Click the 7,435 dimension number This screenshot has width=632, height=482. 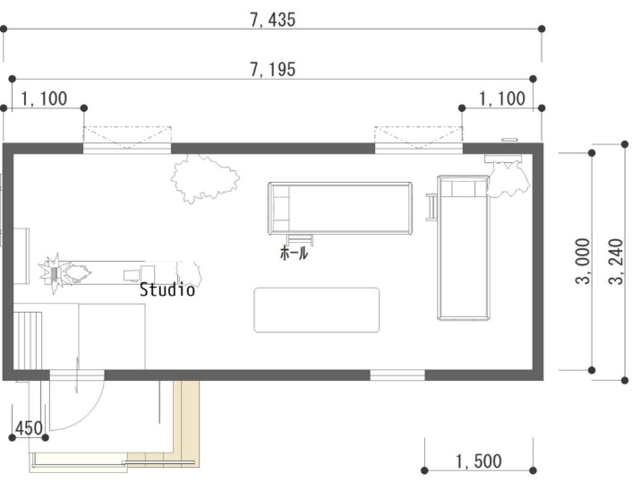[273, 20]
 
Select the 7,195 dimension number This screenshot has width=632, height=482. [273, 69]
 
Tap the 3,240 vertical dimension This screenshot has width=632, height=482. [617, 262]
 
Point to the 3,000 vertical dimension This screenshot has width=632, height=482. [583, 261]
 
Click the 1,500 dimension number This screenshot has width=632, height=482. [479, 461]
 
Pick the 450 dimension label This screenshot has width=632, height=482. [29, 428]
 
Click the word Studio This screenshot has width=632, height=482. [167, 289]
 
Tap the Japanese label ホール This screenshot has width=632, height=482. [295, 253]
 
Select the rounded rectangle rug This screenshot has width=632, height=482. [317, 310]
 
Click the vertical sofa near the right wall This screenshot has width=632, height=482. [464, 247]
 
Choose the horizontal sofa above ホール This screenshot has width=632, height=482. [340, 208]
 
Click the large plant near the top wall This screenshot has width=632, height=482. [205, 178]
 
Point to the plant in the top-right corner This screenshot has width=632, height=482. [508, 179]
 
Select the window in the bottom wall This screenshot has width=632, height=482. [397, 375]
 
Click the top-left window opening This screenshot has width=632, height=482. [127, 149]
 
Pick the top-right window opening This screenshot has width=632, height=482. [419, 149]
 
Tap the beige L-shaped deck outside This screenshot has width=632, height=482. [186, 424]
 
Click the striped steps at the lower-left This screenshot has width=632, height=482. [28, 340]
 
